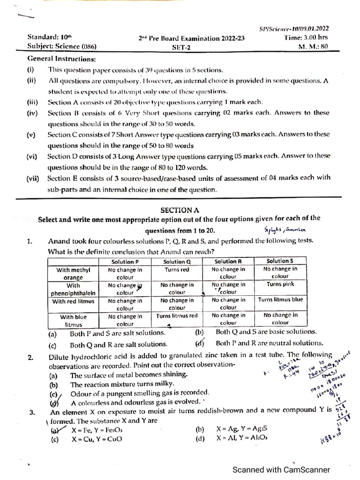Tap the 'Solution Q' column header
[x=177, y=262]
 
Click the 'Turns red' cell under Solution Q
[x=177, y=270]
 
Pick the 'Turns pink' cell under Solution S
[x=280, y=284]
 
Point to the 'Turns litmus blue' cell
[x=280, y=300]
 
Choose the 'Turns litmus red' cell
[x=177, y=316]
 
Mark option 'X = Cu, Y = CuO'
[x=97, y=439]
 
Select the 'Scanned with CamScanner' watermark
[x=282, y=470]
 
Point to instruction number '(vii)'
[x=33, y=178]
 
